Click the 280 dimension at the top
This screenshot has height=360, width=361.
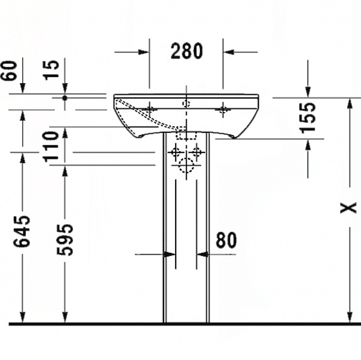tap(186, 52)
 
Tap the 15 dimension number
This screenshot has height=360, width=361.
tap(55, 70)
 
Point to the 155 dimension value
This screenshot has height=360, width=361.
tap(308, 117)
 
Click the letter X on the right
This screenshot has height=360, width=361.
tap(348, 208)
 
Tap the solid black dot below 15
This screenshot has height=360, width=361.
tap(65, 97)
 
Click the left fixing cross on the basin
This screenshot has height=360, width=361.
tap(149, 109)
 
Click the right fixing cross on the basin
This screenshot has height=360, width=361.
tap(223, 109)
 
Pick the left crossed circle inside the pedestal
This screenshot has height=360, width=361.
tap(176, 152)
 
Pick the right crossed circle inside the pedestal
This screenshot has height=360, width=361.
tap(196, 152)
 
